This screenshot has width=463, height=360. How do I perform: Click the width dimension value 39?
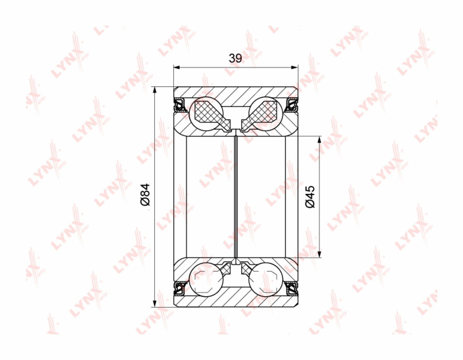click(x=236, y=58)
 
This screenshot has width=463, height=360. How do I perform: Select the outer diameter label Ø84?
click(x=145, y=195)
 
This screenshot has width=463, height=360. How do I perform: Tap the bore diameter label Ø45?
click(x=310, y=197)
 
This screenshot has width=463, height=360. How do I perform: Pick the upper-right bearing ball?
click(x=266, y=113)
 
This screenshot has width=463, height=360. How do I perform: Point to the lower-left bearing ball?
click(x=206, y=280)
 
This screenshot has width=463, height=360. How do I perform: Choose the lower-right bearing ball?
click(x=266, y=280)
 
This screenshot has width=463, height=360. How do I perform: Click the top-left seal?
click(x=180, y=105)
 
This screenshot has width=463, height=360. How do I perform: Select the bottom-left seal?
click(x=180, y=288)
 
